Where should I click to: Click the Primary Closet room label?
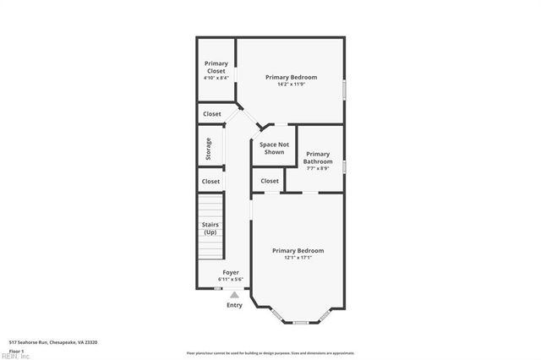click(x=216, y=67)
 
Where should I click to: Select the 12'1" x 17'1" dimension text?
click(x=298, y=258)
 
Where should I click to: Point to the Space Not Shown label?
click(x=274, y=149)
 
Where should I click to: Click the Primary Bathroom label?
click(x=318, y=157)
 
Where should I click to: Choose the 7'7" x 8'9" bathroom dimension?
click(x=318, y=168)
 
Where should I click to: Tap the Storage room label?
click(x=209, y=149)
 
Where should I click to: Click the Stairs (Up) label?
click(x=210, y=227)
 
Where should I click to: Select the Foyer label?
click(x=231, y=272)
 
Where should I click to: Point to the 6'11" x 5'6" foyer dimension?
click(x=231, y=280)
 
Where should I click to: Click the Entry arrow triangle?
click(x=234, y=294)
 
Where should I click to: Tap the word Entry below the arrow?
click(x=234, y=305)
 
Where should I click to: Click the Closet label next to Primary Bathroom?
click(x=270, y=181)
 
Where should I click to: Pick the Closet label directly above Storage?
click(x=211, y=113)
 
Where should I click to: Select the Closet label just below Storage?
click(x=210, y=181)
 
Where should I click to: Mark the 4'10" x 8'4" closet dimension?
click(x=216, y=78)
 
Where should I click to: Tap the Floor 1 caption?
click(x=16, y=350)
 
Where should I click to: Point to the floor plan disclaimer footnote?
click(x=270, y=352)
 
